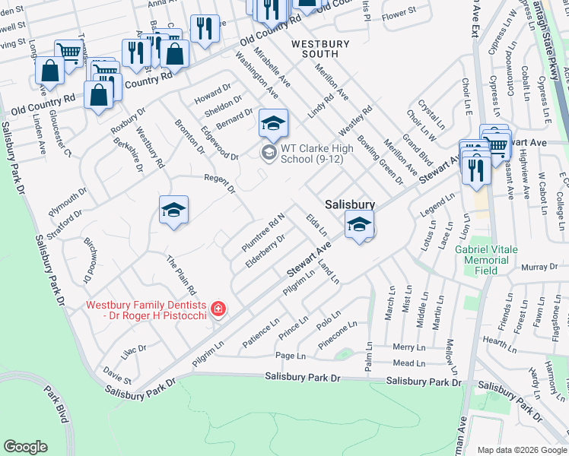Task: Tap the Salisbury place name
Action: tap(350, 204)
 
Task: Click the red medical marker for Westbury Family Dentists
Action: tap(218, 308)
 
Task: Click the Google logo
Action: tap(26, 446)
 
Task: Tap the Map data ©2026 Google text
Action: tap(522, 450)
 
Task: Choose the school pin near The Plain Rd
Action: tap(173, 211)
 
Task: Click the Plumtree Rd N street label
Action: tap(263, 232)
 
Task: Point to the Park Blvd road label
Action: tap(58, 407)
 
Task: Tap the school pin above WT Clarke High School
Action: tap(274, 123)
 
